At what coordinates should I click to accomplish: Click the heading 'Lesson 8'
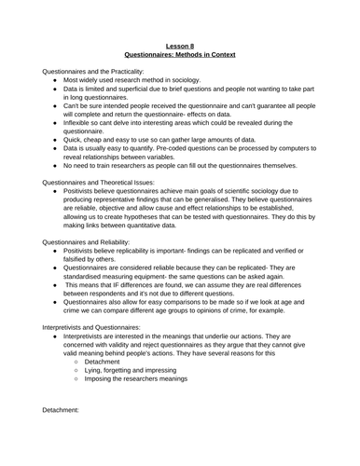[180, 43]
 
